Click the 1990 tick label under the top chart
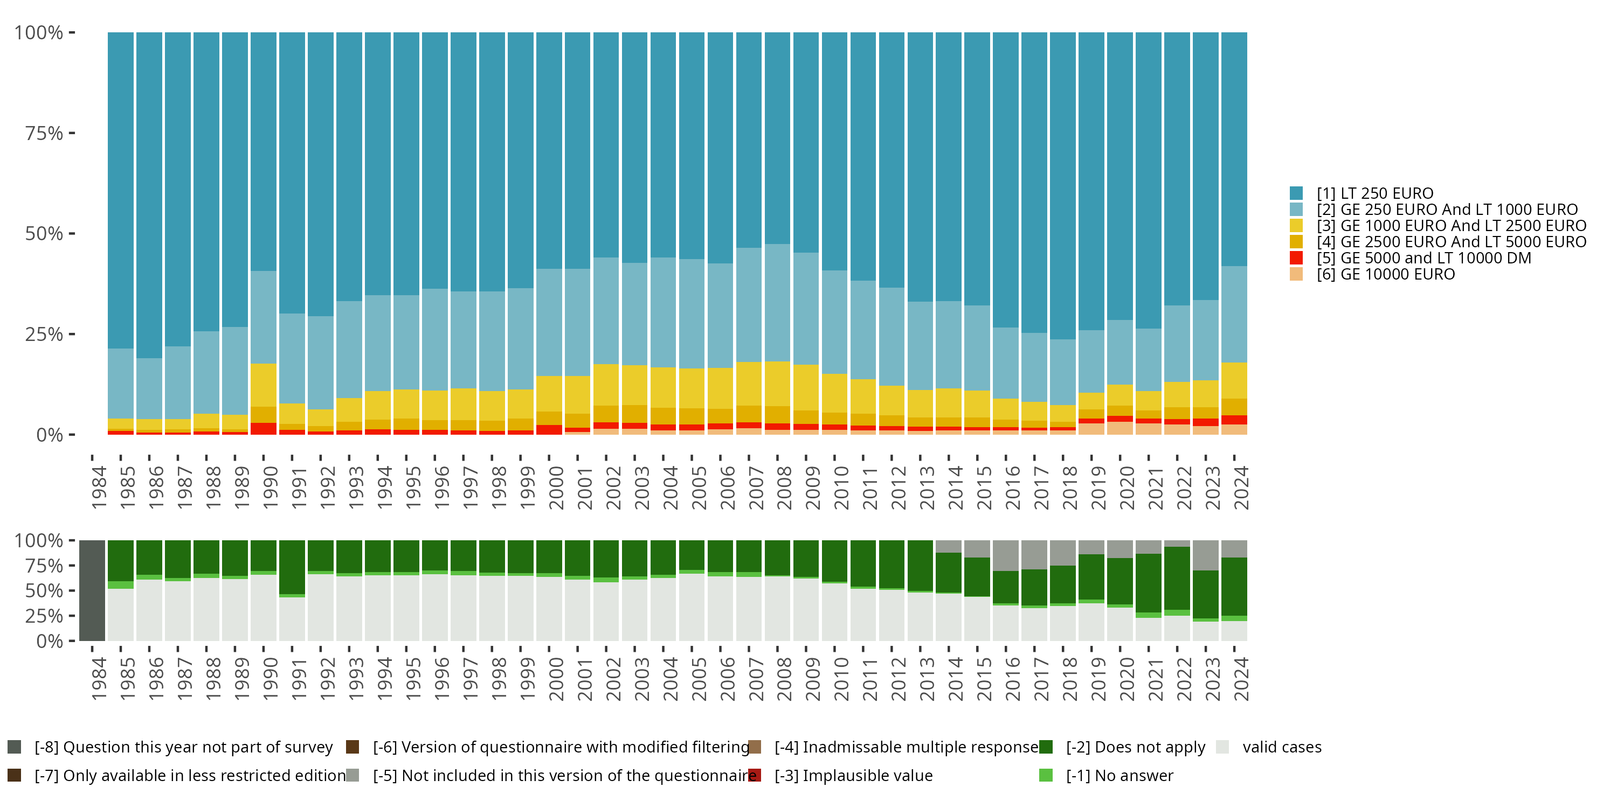point(270,487)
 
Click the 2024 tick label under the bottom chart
point(1241,679)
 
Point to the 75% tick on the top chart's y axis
point(44,133)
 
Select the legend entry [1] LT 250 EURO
point(1374,193)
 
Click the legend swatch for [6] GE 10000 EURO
point(1296,274)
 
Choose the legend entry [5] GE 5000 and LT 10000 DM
point(1423,258)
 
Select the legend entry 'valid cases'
point(1281,747)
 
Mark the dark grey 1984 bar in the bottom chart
point(92,590)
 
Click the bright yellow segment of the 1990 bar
point(264,385)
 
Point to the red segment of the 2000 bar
point(549,430)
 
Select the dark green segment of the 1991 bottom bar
point(292,567)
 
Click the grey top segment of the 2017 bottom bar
point(1034,555)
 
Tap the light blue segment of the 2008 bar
point(777,302)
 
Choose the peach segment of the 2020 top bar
point(1120,428)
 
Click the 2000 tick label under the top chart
point(556,487)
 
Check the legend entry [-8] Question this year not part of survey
point(183,747)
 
